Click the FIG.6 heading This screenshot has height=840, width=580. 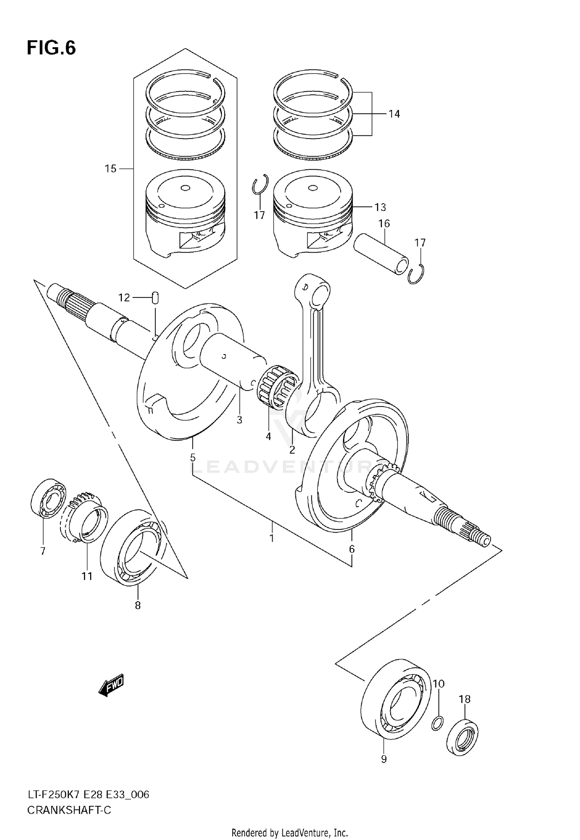click(x=51, y=48)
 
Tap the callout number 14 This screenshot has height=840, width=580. click(x=394, y=114)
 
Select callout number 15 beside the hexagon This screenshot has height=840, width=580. click(x=111, y=169)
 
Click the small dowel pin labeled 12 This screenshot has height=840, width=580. click(x=155, y=298)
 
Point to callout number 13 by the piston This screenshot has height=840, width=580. click(x=380, y=207)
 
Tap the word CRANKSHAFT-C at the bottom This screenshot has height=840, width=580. click(x=69, y=810)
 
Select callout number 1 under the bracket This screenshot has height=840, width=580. click(x=272, y=538)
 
